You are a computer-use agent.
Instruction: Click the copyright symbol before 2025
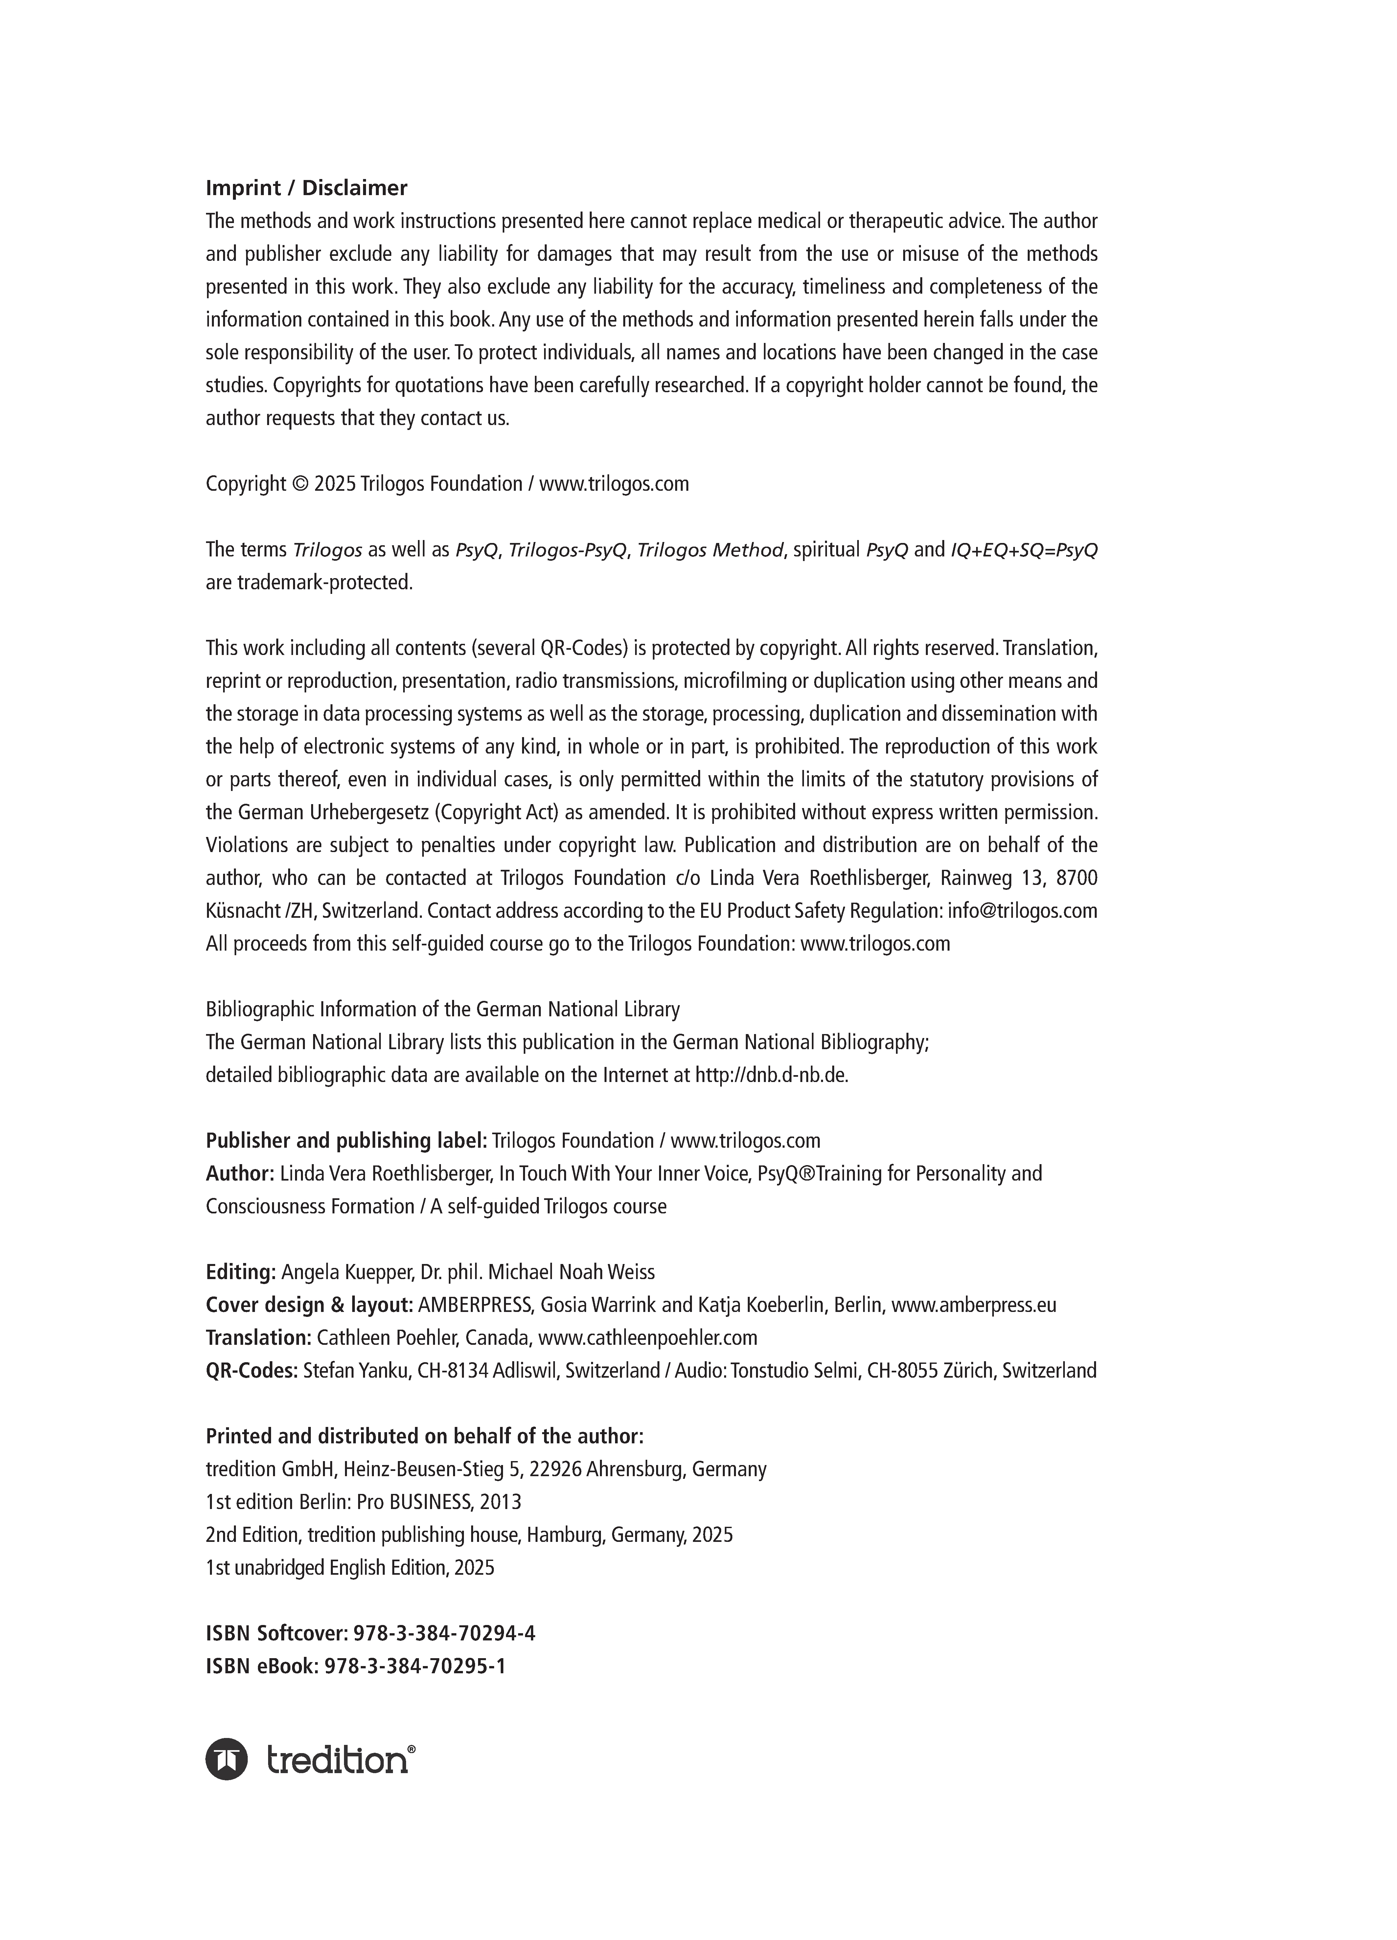(x=299, y=484)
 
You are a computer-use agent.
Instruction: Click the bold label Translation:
(x=258, y=1337)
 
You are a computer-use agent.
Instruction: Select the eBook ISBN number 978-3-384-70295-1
(x=416, y=1665)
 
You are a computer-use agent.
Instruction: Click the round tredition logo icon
(x=227, y=1760)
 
